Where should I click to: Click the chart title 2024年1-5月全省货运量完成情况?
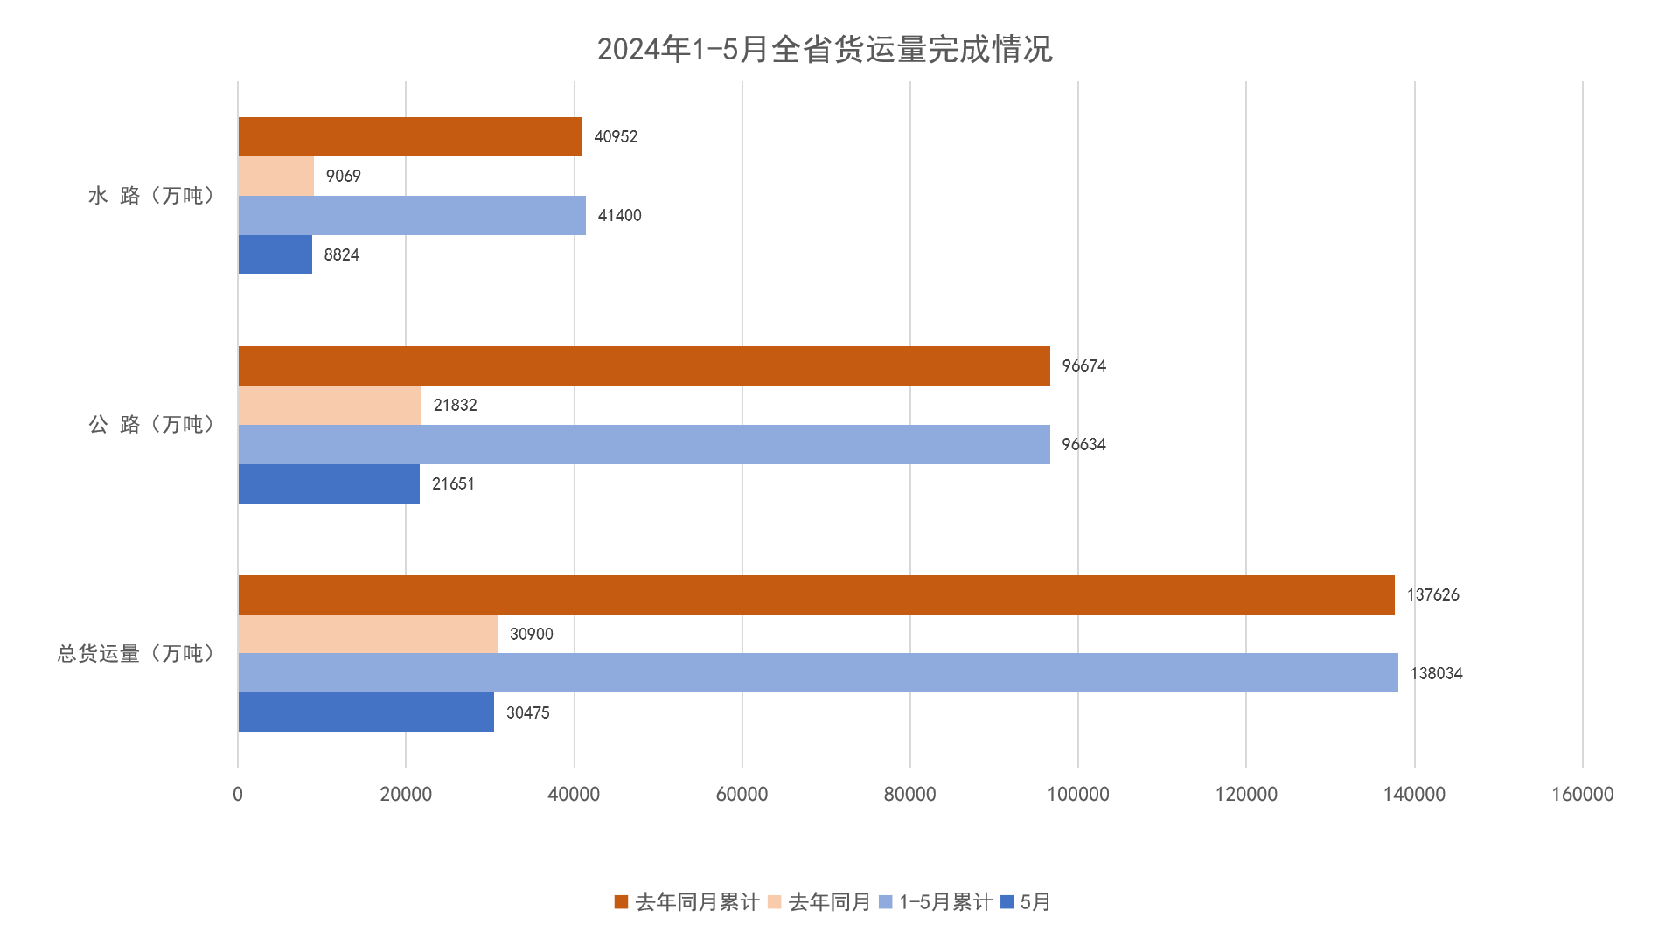(824, 50)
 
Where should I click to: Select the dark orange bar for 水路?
(409, 137)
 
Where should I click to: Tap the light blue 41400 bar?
(411, 215)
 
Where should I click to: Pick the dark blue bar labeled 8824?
(275, 254)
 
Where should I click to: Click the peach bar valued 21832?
(329, 405)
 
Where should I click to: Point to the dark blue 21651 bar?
(328, 483)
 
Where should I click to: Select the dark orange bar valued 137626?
(815, 594)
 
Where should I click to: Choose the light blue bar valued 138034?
(817, 673)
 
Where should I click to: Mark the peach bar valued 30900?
(367, 634)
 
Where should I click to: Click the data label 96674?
(1083, 366)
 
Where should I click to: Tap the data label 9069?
(343, 177)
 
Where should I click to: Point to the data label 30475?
(528, 713)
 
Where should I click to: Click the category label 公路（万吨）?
(150, 425)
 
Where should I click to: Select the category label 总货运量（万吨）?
(136, 654)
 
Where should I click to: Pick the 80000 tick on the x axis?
(909, 794)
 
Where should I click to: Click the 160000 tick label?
(1582, 794)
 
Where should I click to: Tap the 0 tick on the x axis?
(238, 794)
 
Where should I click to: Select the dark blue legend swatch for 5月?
(1007, 902)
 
